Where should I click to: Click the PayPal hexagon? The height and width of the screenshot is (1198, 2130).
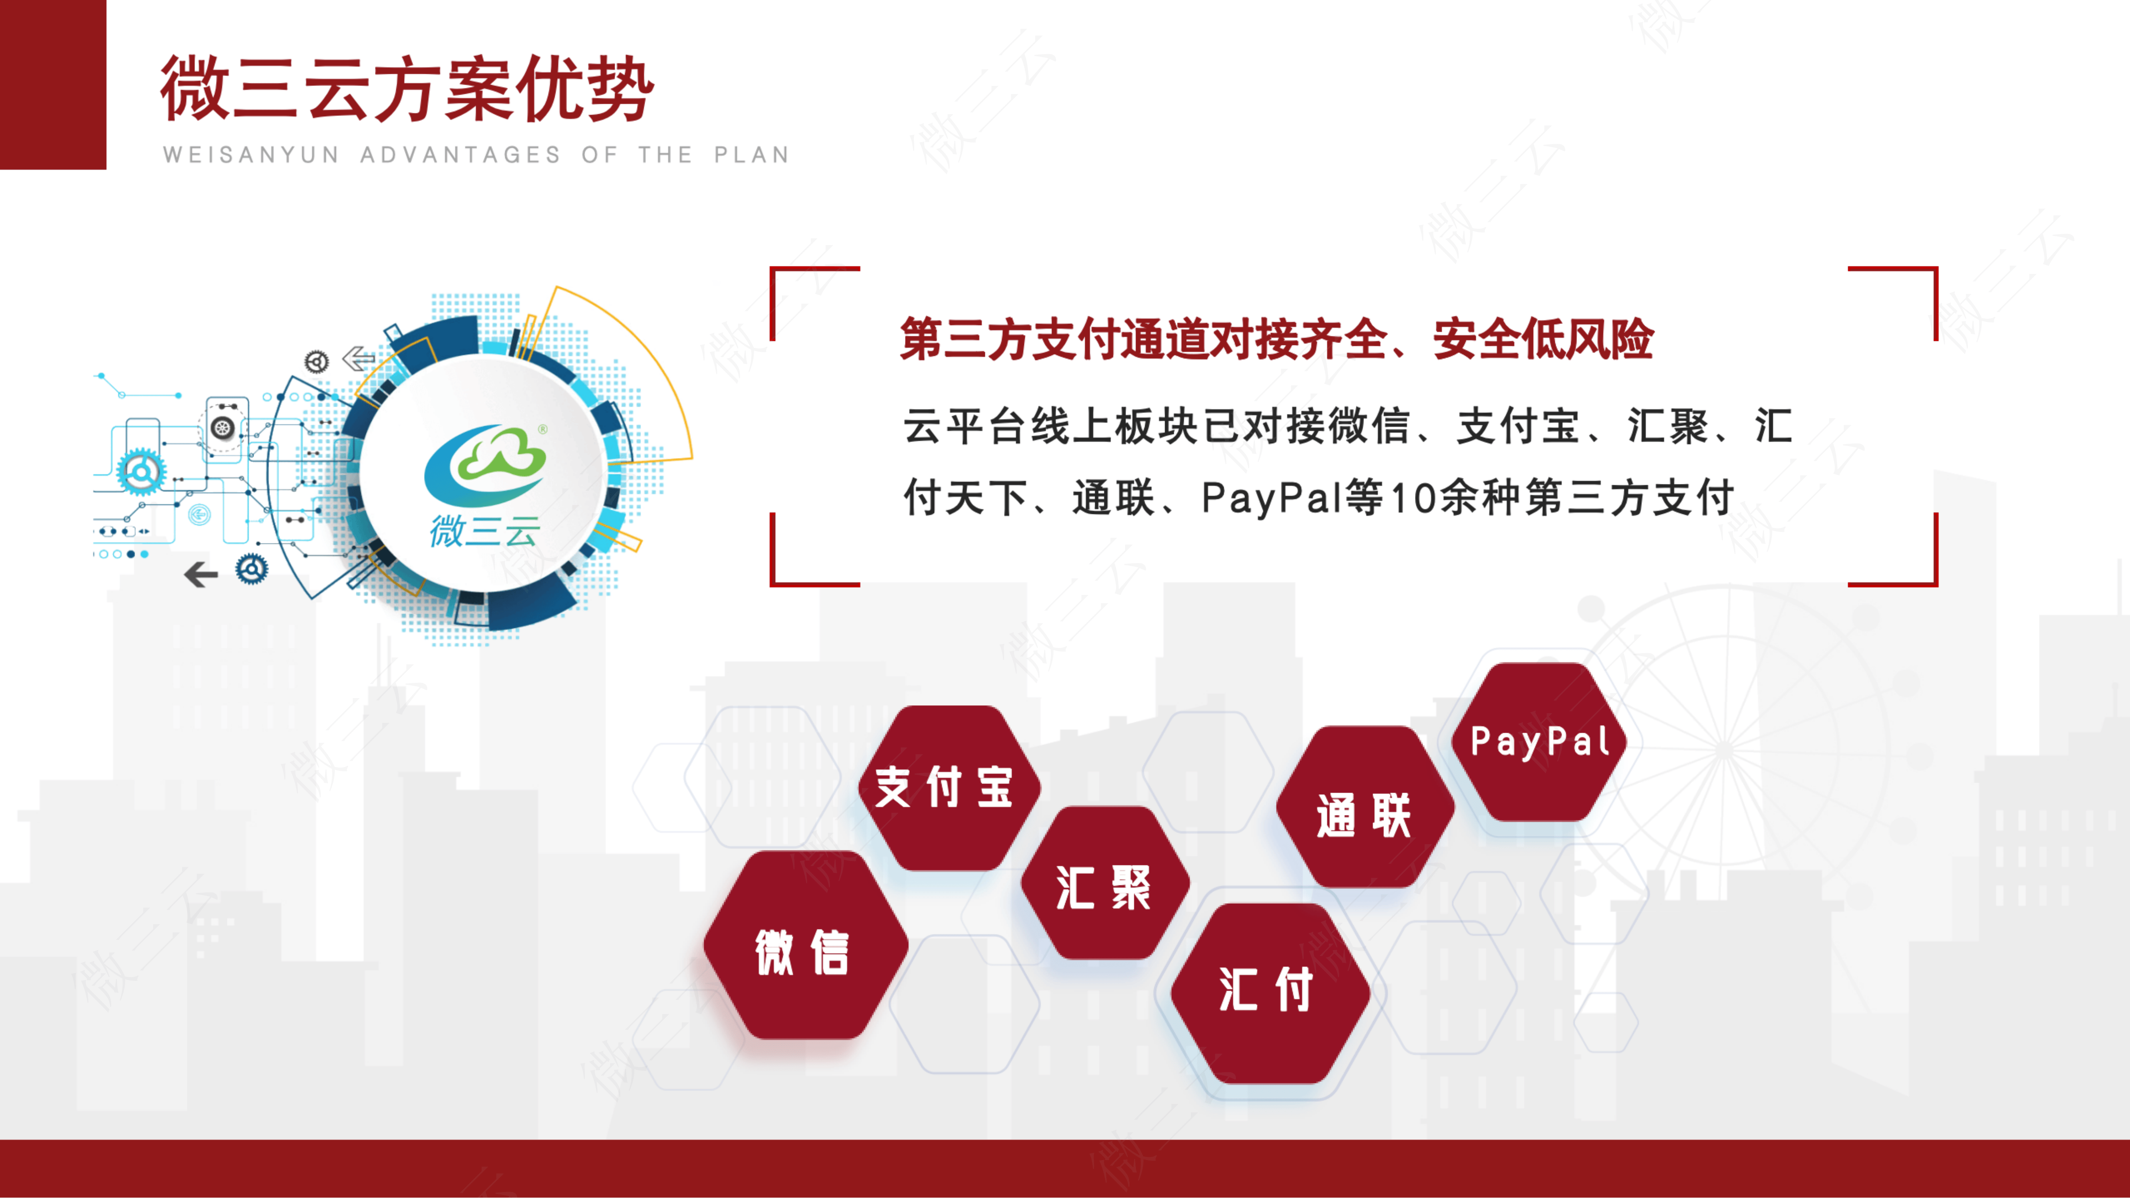(1540, 742)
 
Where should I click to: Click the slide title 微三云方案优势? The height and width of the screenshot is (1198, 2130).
(407, 89)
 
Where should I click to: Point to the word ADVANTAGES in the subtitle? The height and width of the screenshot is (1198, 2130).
(461, 155)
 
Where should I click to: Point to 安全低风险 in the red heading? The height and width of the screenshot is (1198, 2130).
(1543, 339)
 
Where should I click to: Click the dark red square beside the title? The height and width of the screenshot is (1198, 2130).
(53, 84)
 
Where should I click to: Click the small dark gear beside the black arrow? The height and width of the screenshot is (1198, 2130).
(251, 569)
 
